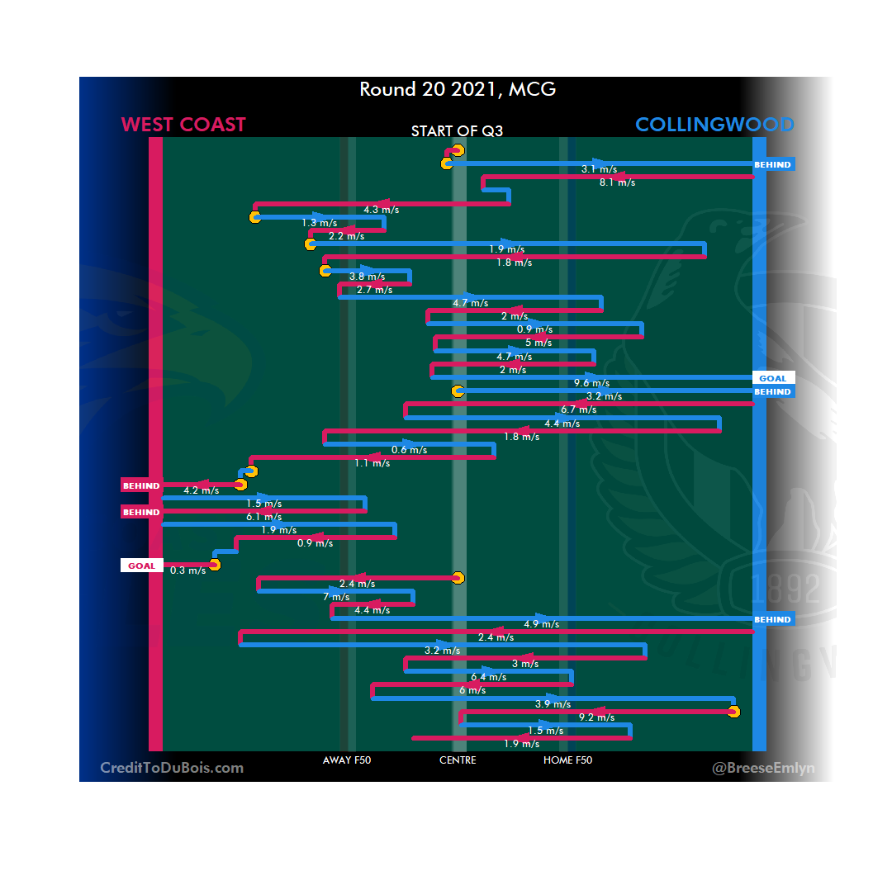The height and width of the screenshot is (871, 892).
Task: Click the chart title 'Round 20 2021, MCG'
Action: tap(458, 89)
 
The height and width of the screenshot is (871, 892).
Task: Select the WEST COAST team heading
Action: tap(183, 125)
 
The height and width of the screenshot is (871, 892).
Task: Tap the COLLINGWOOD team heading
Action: tap(714, 125)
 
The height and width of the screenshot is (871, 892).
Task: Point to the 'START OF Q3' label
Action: tap(458, 131)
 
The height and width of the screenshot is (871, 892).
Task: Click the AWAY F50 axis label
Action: tap(347, 760)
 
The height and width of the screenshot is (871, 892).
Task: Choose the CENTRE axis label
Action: tap(458, 760)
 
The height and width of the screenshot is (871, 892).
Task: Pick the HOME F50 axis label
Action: tap(567, 760)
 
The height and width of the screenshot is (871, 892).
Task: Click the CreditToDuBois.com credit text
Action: tap(172, 768)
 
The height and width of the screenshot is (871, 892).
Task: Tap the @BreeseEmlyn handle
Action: tap(763, 769)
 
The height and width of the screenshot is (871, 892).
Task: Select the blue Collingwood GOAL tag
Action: tap(773, 378)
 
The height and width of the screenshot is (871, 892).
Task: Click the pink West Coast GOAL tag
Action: tap(141, 566)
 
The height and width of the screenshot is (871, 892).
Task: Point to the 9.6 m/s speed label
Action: tap(591, 383)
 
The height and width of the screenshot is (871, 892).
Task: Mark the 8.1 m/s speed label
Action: tap(617, 182)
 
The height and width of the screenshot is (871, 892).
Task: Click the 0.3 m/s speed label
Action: tap(187, 570)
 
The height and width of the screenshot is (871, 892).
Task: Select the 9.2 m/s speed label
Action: tap(596, 718)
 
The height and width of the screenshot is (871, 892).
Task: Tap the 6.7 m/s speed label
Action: tap(578, 409)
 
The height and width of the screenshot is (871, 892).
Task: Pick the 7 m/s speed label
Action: tap(336, 597)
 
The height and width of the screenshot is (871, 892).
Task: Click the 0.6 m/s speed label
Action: tap(409, 450)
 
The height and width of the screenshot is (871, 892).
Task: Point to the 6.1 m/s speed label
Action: tap(264, 517)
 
